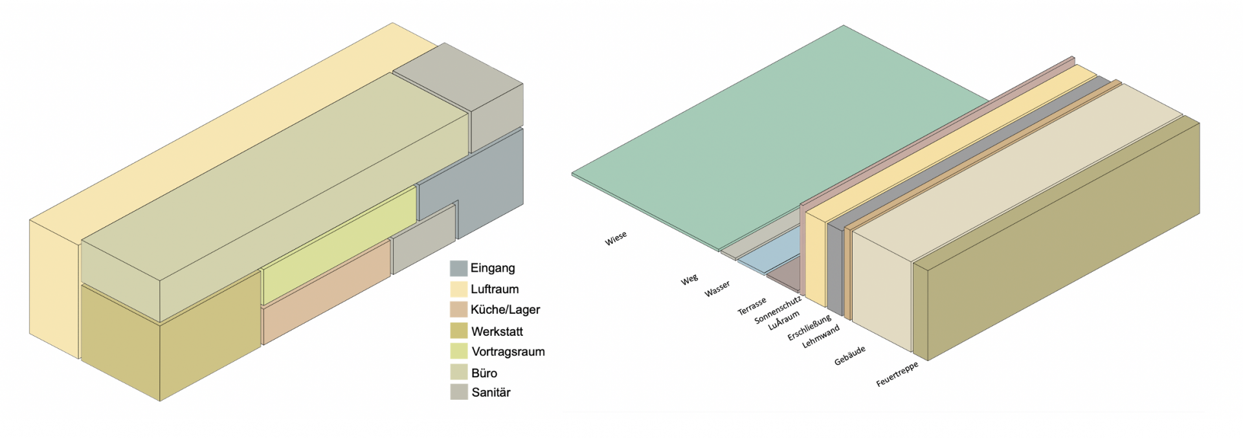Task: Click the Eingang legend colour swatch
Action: click(x=458, y=268)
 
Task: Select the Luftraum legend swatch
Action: click(x=458, y=289)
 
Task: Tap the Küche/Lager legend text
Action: click(x=505, y=310)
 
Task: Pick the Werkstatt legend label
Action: click(x=497, y=331)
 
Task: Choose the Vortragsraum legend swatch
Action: click(x=458, y=351)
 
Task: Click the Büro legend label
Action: click(x=484, y=373)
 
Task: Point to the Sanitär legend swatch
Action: click(x=458, y=392)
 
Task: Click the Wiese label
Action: click(x=616, y=239)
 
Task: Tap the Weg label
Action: click(x=689, y=279)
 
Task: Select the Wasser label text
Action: click(x=717, y=289)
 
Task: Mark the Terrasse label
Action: click(x=752, y=306)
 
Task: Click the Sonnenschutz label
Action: click(x=778, y=310)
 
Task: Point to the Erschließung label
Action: click(x=809, y=328)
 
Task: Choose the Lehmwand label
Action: click(x=820, y=336)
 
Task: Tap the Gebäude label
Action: click(x=849, y=356)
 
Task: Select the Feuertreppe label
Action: click(x=897, y=375)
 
